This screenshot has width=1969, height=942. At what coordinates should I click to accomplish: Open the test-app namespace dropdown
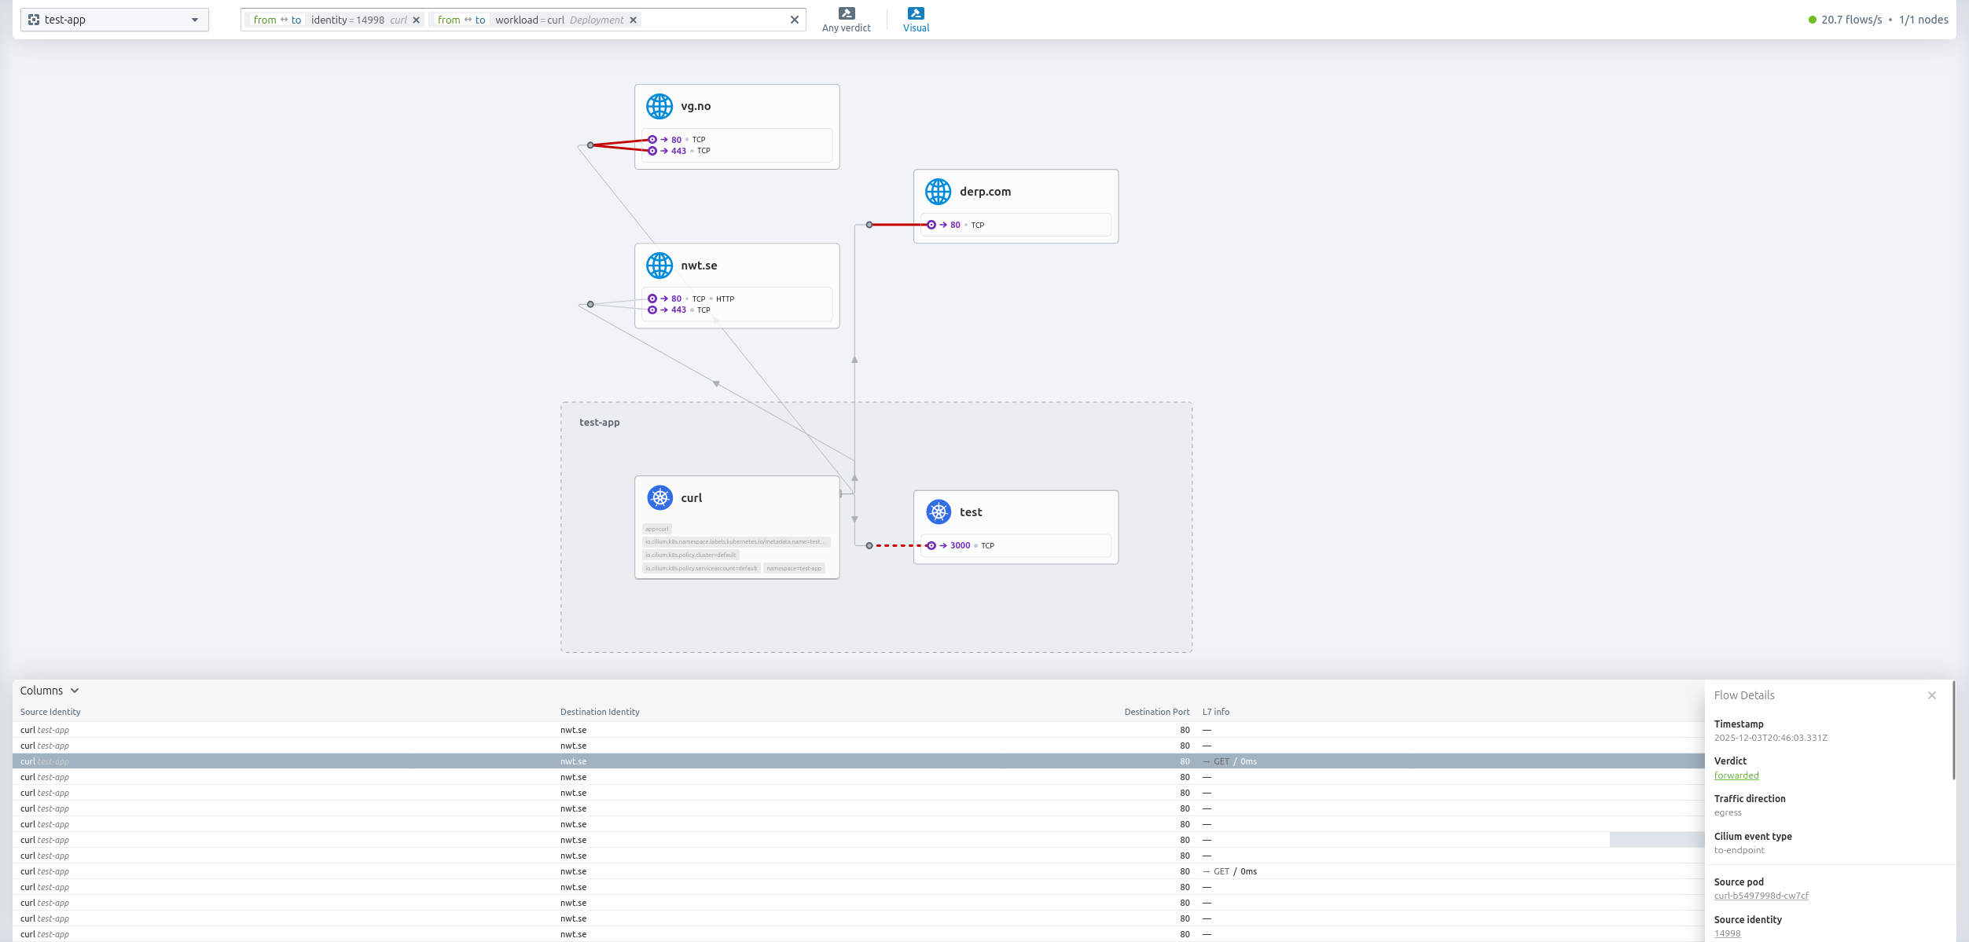115,20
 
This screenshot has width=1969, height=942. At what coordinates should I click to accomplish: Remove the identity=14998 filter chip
417,20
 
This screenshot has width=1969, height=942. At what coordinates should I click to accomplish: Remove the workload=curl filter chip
634,20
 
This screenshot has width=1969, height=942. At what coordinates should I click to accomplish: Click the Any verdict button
846,20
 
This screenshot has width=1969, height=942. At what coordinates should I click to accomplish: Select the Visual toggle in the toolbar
916,20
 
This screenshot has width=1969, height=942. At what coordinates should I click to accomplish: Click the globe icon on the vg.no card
659,106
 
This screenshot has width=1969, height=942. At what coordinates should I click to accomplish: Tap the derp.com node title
985,192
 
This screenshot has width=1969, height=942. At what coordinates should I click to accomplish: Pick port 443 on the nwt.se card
678,310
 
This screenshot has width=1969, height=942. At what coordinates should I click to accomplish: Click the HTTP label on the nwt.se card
725,299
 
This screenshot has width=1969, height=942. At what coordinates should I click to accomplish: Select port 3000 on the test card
960,546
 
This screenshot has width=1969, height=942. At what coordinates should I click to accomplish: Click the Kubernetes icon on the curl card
659,498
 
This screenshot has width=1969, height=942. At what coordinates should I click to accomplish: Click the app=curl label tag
657,530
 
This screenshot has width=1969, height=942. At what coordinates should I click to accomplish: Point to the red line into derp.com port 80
899,225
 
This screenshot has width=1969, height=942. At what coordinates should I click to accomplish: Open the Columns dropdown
50,691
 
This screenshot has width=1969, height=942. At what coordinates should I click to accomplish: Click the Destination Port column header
1156,713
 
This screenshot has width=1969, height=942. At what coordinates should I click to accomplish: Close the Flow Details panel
1931,695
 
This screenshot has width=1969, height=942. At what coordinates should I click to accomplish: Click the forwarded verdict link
1736,776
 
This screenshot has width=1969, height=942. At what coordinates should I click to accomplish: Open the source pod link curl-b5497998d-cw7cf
1761,896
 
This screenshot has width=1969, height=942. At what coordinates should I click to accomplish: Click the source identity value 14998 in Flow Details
1727,934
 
